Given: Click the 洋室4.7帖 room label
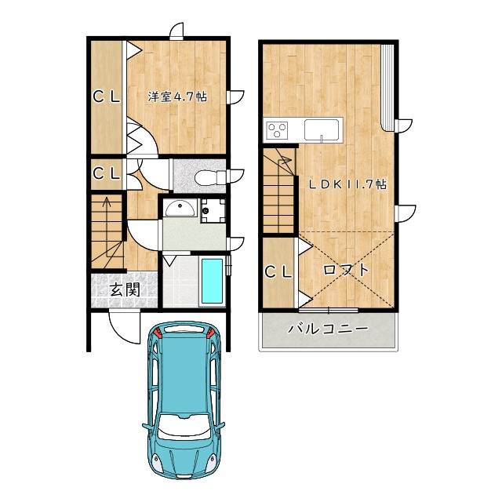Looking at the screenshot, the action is [x=177, y=96].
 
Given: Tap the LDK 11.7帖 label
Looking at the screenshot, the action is [x=347, y=184].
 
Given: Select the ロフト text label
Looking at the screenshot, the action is [x=346, y=270].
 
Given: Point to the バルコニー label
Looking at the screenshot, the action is [x=328, y=329].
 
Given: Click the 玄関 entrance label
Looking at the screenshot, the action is [x=125, y=289].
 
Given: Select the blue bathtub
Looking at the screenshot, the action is [x=213, y=282].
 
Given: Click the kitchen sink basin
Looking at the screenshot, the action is [x=322, y=129].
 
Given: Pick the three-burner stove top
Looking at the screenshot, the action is [x=277, y=130].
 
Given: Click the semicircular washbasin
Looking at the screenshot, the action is [x=180, y=209].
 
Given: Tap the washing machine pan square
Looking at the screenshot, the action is [x=213, y=211].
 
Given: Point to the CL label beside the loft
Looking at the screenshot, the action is [x=278, y=272].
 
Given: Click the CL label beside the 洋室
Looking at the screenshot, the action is [x=107, y=96].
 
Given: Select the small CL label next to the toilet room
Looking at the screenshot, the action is [x=107, y=173].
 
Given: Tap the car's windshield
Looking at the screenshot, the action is [x=184, y=425].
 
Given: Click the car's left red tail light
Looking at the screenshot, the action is [x=157, y=333].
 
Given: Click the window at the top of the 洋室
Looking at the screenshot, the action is [x=176, y=31].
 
